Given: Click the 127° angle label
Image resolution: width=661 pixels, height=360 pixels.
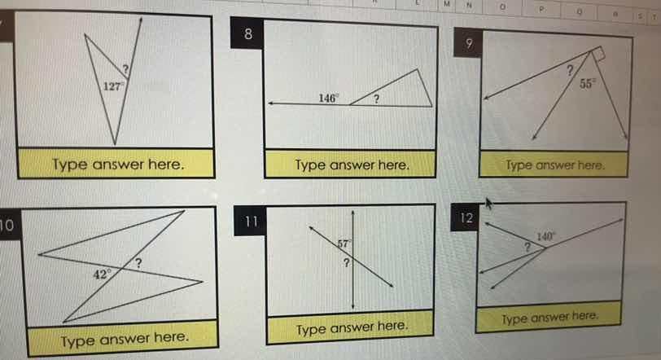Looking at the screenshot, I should pos(112,84).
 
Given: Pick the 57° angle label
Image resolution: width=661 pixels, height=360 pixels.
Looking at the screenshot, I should pos(344,243).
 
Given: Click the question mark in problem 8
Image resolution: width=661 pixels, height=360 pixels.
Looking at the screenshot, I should pos(378,99).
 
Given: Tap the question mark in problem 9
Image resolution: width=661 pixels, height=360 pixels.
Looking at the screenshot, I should pos(569,70).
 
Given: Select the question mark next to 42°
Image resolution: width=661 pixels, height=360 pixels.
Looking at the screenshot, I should pos(139,262).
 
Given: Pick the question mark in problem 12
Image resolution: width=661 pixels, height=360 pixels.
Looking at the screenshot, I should pos(527,245).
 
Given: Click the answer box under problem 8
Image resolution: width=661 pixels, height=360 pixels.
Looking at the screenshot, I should pos(351,165).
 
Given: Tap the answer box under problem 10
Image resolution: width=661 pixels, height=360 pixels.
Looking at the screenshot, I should pos(125,335).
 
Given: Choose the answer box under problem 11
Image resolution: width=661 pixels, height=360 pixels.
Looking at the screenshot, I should pos(351,327).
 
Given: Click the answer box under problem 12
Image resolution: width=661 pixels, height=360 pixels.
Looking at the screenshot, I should pos(550,316).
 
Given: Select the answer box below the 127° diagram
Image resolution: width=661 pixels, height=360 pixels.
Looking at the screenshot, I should pos(117,165).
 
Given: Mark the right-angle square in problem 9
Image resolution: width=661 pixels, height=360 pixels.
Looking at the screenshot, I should pos(601,54).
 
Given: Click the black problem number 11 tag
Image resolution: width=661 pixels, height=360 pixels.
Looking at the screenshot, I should pos(252,221).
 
